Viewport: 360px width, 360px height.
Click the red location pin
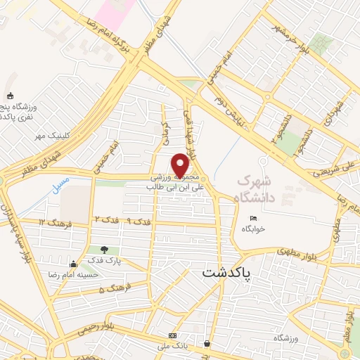click(x=181, y=165)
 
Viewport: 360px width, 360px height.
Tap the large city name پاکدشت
click(x=230, y=271)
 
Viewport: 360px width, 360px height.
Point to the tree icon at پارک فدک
click(x=104, y=250)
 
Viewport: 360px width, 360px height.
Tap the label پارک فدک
click(x=105, y=261)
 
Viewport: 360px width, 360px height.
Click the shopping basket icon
click(x=207, y=343)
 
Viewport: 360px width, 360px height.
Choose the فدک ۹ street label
click(x=139, y=222)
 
